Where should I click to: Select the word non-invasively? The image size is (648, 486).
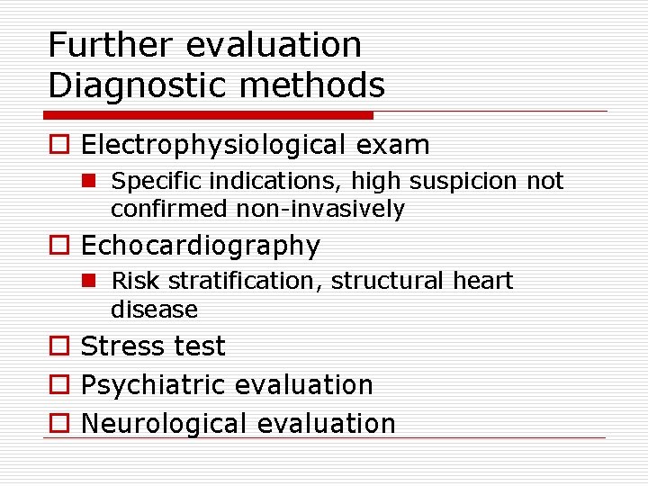coord(320,210)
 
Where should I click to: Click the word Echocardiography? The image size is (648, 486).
coord(201,246)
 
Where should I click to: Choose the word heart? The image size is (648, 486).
coord(483,282)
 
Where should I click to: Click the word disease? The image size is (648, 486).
coord(154,310)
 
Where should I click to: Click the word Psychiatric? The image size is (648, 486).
coord(152,385)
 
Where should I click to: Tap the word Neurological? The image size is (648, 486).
coord(157,424)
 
